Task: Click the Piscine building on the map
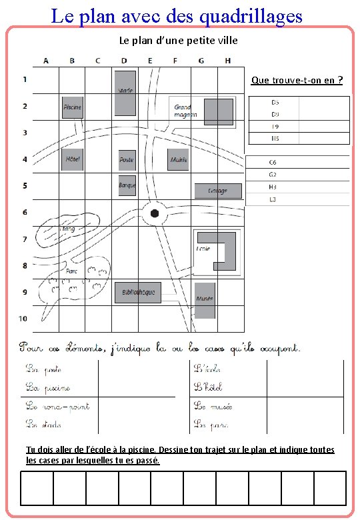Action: coord(72,107)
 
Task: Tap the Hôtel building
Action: coord(72,159)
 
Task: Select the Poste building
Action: coord(127,159)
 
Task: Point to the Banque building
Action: coord(127,185)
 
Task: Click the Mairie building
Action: coord(178,159)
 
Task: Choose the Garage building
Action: coord(217,191)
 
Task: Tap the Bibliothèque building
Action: coord(138,292)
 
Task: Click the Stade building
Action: coord(125,91)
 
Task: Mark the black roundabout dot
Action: coord(155,213)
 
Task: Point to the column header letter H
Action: coord(228,61)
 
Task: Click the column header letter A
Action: coord(46,61)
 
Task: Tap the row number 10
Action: coord(23,319)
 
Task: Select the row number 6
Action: coord(25,212)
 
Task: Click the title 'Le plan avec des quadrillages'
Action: coord(177,15)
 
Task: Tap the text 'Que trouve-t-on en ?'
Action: coord(297,81)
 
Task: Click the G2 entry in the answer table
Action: coord(273,175)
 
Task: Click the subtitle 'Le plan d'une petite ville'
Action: coord(178,40)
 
